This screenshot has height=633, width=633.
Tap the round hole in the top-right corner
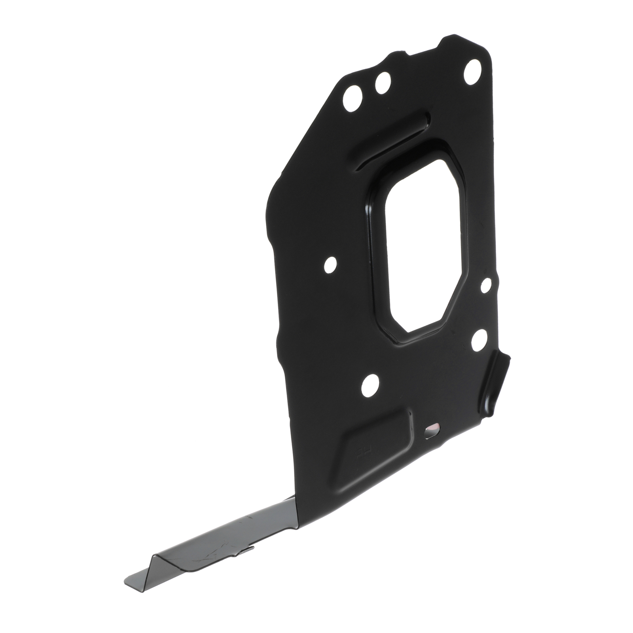pos(472,72)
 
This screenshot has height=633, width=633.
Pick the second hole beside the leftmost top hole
pos(383,83)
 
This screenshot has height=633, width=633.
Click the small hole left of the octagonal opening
pos(330,264)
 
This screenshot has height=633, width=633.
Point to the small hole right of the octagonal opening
pos(486,285)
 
